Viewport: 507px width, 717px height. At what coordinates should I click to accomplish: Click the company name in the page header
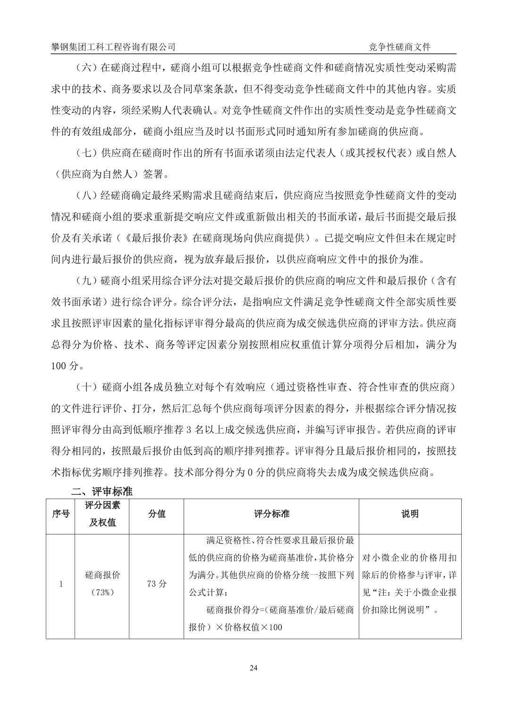click(x=113, y=47)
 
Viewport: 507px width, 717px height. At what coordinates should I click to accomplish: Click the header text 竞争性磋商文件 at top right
click(x=399, y=47)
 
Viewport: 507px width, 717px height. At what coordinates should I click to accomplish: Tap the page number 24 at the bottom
click(x=253, y=667)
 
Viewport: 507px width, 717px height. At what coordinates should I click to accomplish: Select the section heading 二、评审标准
click(x=101, y=492)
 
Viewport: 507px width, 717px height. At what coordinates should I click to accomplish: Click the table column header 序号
click(x=60, y=514)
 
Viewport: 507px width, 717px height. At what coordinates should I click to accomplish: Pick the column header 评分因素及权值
click(x=102, y=514)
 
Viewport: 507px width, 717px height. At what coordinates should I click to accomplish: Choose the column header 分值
click(x=157, y=514)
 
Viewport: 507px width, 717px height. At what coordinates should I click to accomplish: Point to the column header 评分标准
click(x=271, y=514)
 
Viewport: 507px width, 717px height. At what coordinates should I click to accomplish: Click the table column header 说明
click(x=410, y=514)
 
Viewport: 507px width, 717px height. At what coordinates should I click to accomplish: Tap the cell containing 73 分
click(x=157, y=584)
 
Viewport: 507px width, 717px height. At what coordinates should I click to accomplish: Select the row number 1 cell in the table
click(x=60, y=584)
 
